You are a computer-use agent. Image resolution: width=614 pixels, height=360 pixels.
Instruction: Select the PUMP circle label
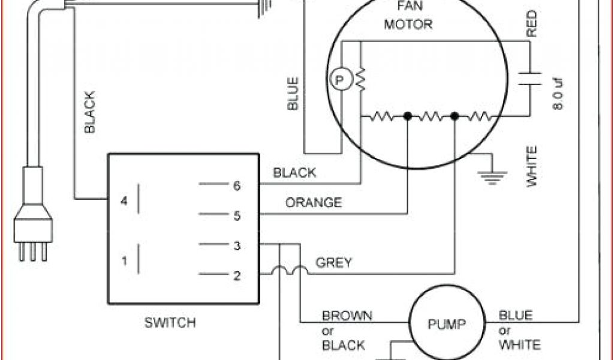446,325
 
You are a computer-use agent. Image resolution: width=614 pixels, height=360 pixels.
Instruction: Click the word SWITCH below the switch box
170,323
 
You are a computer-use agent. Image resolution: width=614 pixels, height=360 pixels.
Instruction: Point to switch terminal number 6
237,186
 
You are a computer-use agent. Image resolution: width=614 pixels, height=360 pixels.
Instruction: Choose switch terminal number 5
237,215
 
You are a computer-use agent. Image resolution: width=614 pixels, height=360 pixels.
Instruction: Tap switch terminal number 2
237,276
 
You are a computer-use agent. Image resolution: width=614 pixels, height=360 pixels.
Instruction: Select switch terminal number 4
124,201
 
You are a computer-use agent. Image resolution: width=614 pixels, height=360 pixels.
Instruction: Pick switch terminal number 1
124,261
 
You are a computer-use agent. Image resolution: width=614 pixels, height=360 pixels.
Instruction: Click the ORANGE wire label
313,203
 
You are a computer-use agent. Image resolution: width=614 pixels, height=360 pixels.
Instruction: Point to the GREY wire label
333,262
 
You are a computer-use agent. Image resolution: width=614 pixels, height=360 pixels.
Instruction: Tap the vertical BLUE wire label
293,94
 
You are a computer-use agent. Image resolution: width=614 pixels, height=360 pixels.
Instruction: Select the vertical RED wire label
531,25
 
